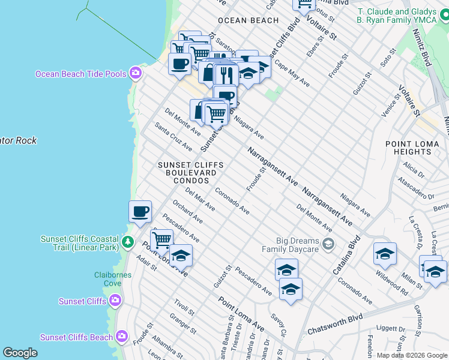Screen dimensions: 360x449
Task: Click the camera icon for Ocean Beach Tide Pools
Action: (136, 73)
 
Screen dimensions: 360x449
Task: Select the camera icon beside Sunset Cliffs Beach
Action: (122, 337)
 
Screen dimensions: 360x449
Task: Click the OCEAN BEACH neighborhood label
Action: (248, 20)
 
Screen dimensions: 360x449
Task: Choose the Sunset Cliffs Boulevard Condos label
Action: (191, 172)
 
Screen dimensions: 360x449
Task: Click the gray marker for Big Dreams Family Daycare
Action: (328, 244)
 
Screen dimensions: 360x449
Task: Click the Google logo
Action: (20, 352)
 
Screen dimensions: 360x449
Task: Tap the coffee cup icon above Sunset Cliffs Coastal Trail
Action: (140, 212)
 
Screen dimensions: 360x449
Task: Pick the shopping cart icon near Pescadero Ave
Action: (161, 240)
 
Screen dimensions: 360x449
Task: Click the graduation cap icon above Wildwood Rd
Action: (385, 253)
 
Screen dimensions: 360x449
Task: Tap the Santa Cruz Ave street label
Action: (173, 137)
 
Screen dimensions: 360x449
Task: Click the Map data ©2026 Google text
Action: (412, 355)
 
